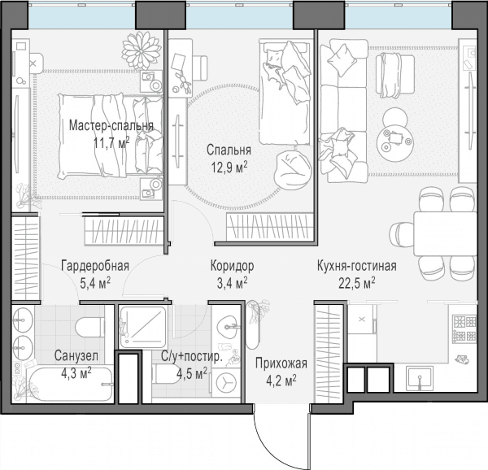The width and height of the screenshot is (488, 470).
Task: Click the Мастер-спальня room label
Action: pyautogui.click(x=111, y=126)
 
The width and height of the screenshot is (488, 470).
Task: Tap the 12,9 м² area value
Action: pyautogui.click(x=229, y=168)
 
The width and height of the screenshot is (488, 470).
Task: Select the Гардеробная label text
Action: pyautogui.click(x=95, y=266)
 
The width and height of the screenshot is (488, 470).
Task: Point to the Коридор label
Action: pyautogui.click(x=232, y=266)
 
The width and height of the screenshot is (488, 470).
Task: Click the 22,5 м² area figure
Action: pyautogui.click(x=357, y=284)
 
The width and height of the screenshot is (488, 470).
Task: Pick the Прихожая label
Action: pyautogui.click(x=281, y=363)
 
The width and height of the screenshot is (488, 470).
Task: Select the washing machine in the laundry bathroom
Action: pyautogui.click(x=225, y=381)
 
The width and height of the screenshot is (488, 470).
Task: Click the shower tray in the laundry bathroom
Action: pyautogui.click(x=143, y=327)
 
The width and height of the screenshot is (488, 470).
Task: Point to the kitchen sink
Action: pyautogui.click(x=420, y=378)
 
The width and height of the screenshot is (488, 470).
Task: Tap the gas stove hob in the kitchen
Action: pyautogui.click(x=464, y=329)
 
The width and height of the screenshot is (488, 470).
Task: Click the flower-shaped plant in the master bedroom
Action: pyautogui.click(x=142, y=50)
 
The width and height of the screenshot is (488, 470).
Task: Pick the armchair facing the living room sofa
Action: pyautogui.click(x=395, y=76)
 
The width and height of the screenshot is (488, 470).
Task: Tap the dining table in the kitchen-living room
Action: pyautogui.click(x=445, y=233)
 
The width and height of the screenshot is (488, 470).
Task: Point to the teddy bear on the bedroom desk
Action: pyautogui.click(x=184, y=82)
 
